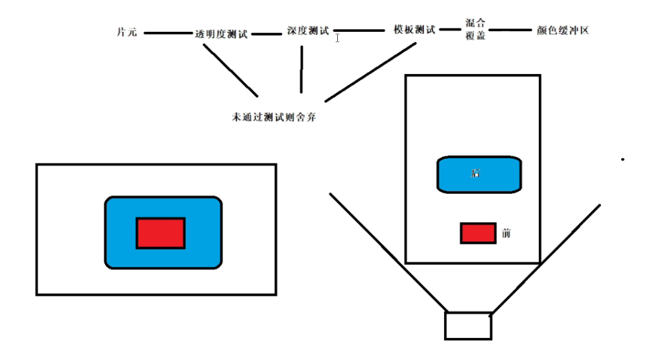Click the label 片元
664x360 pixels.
point(126,32)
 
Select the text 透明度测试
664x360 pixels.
point(221,34)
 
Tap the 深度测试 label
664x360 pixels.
point(307,30)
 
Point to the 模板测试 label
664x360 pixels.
point(414,29)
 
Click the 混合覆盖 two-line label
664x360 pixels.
point(475,29)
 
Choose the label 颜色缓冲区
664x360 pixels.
point(563,30)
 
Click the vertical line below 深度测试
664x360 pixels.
point(302,69)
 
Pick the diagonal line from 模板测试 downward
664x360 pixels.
point(370,72)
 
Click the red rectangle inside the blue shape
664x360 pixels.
point(160,233)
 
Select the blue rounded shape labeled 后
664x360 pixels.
point(479,174)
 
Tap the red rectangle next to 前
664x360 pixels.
point(478,233)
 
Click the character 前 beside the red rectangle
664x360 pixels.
point(506,233)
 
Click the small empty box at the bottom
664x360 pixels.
point(468,326)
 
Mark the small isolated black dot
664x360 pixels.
point(623,159)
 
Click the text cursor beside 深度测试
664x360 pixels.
point(337,38)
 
